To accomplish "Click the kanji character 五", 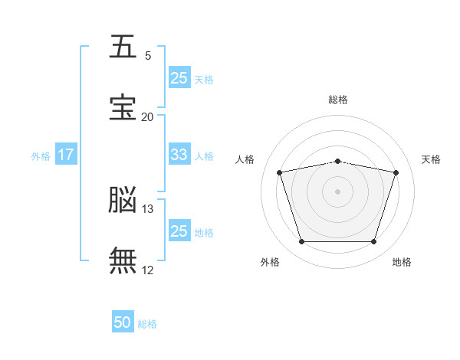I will click(x=123, y=47).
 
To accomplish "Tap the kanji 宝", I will click(x=123, y=107).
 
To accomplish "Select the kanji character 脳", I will click(x=123, y=199).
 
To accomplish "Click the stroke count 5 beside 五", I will click(x=148, y=56).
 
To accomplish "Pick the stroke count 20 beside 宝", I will click(x=147, y=116).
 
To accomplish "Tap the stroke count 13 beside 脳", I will click(x=148, y=208).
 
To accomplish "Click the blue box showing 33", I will click(x=179, y=155).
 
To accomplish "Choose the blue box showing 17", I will click(x=66, y=155).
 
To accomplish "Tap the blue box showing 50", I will click(x=123, y=322).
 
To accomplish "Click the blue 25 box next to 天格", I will click(x=179, y=77).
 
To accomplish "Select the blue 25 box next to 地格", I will click(x=179, y=231).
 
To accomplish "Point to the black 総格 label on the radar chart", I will click(x=338, y=100).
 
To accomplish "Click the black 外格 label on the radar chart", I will click(x=270, y=262).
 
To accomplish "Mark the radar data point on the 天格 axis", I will click(x=396, y=172).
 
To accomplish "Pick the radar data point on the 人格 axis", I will click(x=280, y=172).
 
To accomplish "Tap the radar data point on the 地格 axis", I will click(x=373, y=242).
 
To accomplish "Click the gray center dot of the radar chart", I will click(x=338, y=191).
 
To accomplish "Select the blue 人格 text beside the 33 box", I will click(x=204, y=155).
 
